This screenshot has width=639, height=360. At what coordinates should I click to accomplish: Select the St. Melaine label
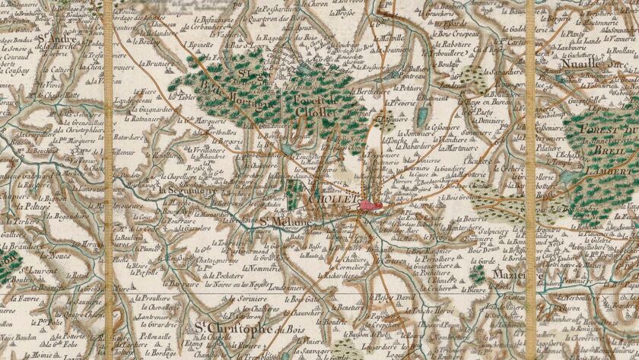pos(281,221)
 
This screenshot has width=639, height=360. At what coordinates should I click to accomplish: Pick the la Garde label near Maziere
pos(478,260)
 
